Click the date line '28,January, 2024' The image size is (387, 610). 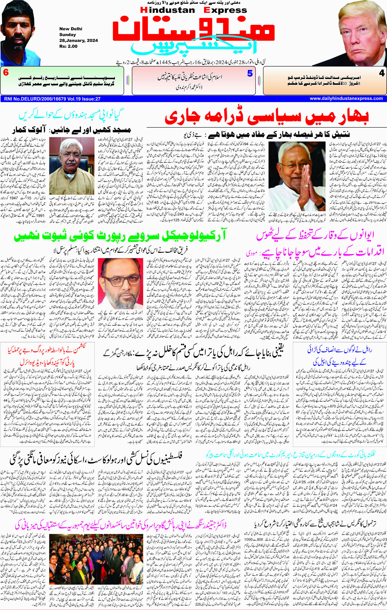coord(79,40)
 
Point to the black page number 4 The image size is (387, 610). coord(381,74)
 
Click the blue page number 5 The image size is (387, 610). coord(250,74)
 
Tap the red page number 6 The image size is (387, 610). coord(6,73)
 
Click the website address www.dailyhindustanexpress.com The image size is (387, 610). coord(346,99)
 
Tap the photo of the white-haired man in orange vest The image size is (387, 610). coord(72,166)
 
